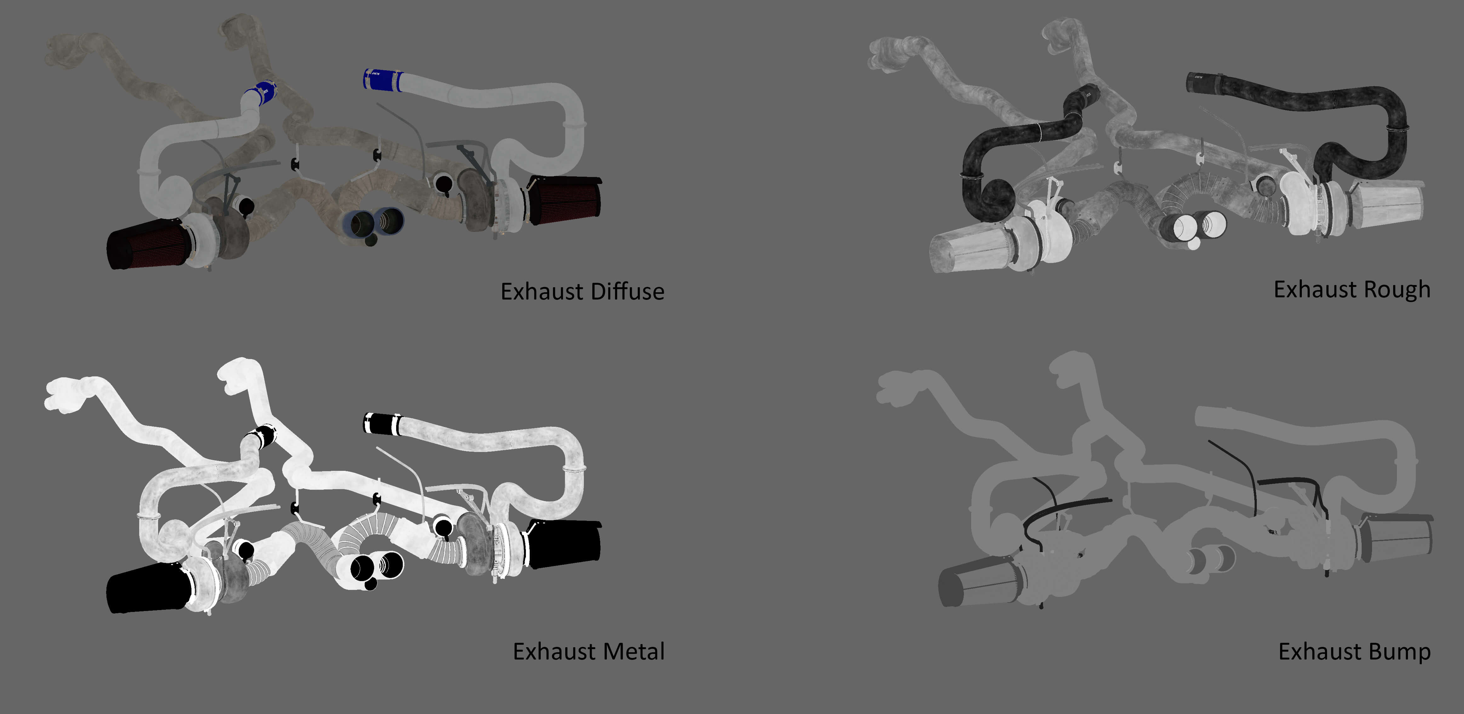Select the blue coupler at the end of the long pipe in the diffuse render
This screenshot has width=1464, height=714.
(382, 80)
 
